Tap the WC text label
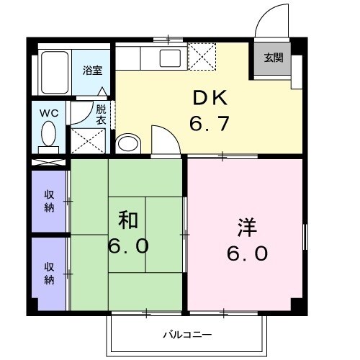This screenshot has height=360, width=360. pyautogui.click(x=49, y=112)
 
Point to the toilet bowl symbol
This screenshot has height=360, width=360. pyautogui.click(x=49, y=134)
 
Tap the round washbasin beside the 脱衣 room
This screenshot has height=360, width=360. pyautogui.click(x=128, y=143)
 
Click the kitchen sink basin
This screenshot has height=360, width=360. pyautogui.click(x=171, y=58)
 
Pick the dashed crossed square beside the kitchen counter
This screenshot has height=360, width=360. pyautogui.click(x=202, y=56)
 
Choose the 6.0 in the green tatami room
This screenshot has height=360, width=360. pyautogui.click(x=130, y=246)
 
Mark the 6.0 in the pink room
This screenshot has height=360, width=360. pyautogui.click(x=248, y=253)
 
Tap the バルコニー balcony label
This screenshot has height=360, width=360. pyautogui.click(x=186, y=335)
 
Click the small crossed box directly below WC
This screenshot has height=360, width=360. pyautogui.click(x=49, y=162)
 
